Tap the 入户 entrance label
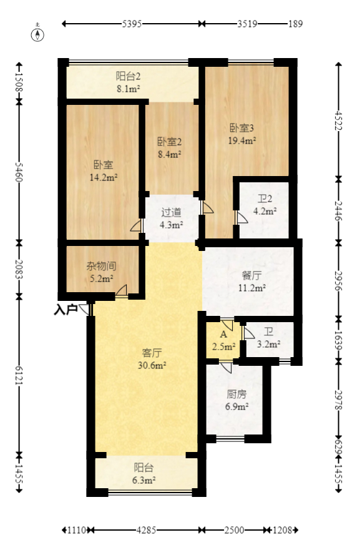65,309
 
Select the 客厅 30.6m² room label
152,360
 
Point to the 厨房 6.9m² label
236,400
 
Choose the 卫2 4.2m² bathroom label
265,205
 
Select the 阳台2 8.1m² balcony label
128,82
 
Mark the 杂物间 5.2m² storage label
101,272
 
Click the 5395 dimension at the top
132,24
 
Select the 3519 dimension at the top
248,24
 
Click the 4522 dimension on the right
339,120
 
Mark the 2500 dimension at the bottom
234,530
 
